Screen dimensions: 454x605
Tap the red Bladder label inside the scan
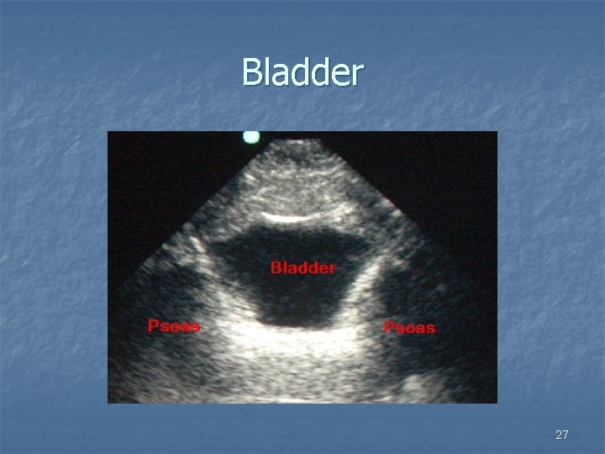coord(302,268)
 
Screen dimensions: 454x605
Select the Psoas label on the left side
coord(174,326)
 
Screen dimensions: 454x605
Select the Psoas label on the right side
coord(409,327)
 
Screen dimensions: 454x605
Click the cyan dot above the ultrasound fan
coord(250,136)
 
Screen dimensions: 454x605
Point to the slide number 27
coord(562,435)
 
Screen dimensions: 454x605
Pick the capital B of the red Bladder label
coord(276,268)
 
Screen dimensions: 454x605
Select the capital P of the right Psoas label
coord(389,327)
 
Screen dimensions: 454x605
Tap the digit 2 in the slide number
coord(559,435)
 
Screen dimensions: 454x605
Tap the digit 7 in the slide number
coord(566,435)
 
